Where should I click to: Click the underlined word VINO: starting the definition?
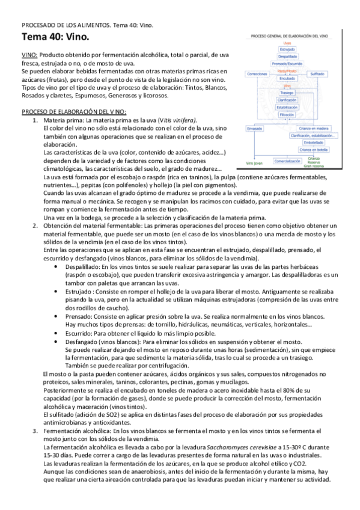coord(29,55)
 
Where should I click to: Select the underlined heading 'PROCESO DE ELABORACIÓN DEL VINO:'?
coord(73,112)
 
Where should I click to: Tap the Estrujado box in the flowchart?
coord(287,50)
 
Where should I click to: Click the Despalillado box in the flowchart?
coord(287,57)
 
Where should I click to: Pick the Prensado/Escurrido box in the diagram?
coord(287,64)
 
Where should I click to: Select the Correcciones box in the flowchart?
coord(258,74)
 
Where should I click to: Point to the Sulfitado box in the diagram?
coord(317,73)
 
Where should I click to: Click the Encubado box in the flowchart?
coord(287,78)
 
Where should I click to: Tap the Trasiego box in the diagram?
coord(287,93)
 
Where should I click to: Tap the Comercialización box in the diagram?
coord(287,161)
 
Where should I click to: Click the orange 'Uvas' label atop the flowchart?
coord(287,43)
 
